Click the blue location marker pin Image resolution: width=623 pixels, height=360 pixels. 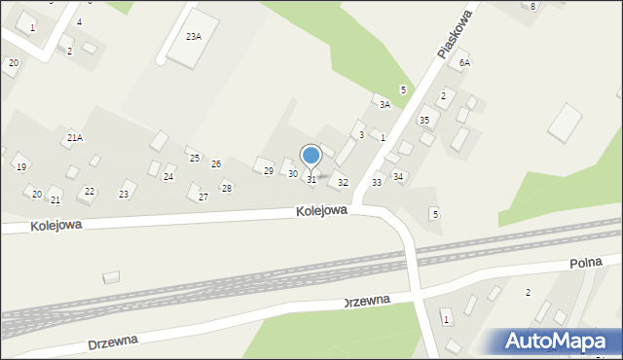[311, 156]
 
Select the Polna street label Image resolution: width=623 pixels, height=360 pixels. [586, 263]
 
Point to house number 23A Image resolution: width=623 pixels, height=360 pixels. [193, 36]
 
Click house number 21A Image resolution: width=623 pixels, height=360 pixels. [75, 138]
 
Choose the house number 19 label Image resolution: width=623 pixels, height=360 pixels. [21, 167]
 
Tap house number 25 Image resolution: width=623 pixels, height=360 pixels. [195, 159]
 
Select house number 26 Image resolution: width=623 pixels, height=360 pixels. [216, 164]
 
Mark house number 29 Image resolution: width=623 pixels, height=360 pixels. [269, 171]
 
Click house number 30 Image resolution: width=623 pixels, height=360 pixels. [292, 174]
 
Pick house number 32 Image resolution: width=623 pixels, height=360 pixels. [343, 183]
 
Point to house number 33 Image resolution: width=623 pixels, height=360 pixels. [377, 183]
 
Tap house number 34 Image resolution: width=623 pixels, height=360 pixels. [398, 176]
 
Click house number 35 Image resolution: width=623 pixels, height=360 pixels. [423, 120]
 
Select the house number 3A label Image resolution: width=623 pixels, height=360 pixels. [385, 104]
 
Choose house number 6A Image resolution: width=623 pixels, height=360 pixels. [465, 62]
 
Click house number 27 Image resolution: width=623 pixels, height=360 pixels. [203, 198]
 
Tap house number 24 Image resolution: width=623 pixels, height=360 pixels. [168, 177]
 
